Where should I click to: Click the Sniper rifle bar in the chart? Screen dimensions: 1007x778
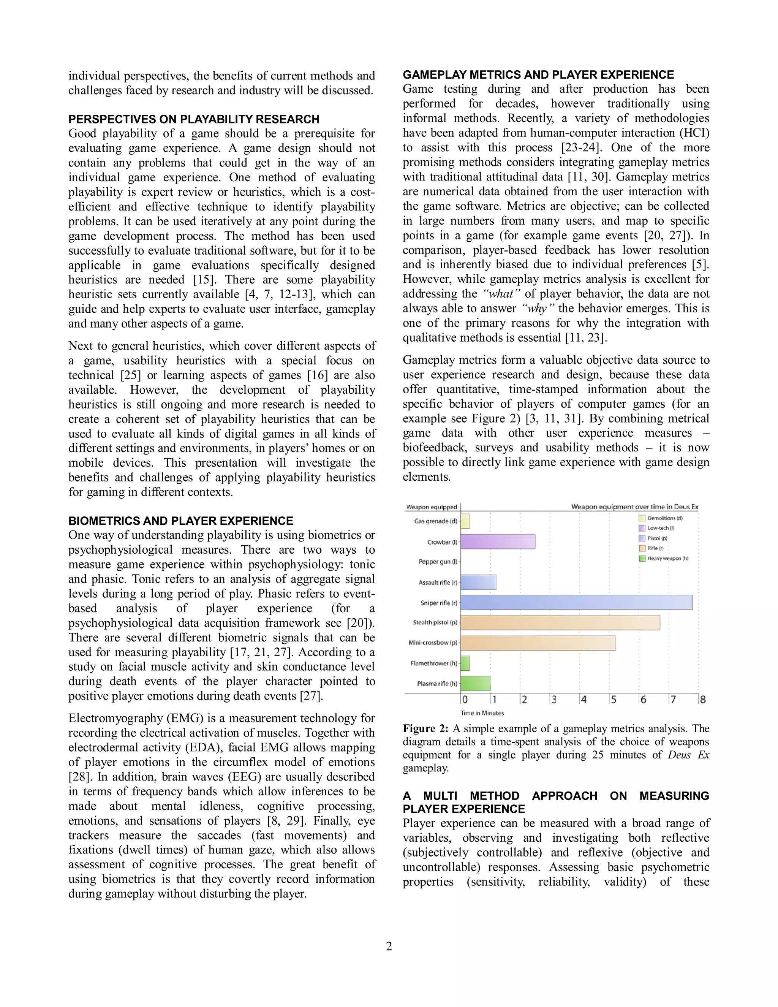click(576, 602)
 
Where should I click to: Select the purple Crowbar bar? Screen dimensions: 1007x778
click(498, 542)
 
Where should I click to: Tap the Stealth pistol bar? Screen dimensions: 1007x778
click(560, 622)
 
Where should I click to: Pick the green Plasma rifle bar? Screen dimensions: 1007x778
click(475, 683)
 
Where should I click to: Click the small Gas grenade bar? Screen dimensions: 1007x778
click(465, 521)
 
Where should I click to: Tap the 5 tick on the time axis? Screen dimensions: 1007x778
click(614, 700)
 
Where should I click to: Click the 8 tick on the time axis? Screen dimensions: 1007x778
click(702, 700)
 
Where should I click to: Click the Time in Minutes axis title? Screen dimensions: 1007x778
click(482, 713)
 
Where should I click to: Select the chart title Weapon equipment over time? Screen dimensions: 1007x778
click(635, 507)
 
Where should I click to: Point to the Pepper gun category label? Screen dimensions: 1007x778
click(438, 562)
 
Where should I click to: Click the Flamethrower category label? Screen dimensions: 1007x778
click(434, 663)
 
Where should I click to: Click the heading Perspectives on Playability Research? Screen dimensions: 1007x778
click(194, 119)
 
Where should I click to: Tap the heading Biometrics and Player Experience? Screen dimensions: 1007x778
click(181, 521)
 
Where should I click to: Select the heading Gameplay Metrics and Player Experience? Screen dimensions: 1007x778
click(538, 75)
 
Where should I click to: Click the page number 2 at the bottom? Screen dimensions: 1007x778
click(389, 947)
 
